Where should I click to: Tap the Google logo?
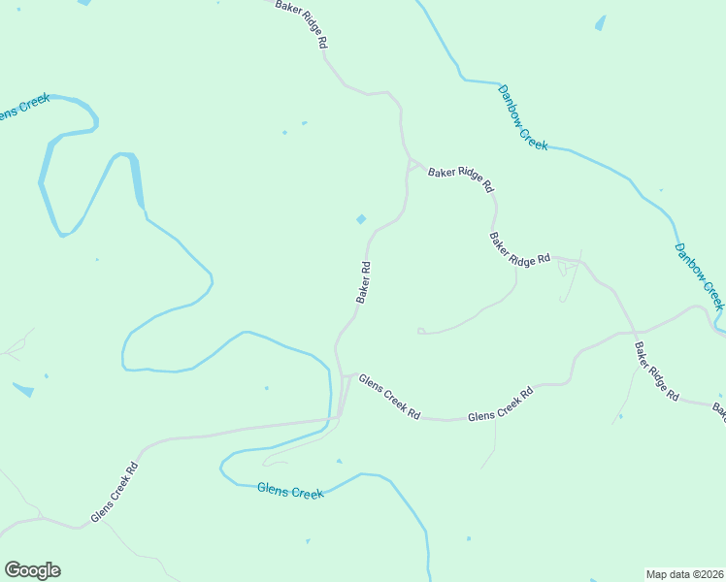point(32,570)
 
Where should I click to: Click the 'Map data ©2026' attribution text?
point(684,573)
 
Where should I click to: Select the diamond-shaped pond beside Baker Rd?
point(361,219)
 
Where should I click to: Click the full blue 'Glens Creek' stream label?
point(290,492)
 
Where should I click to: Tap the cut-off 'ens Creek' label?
point(16,111)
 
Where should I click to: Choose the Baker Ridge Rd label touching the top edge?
point(302,24)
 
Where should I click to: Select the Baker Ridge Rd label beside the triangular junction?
point(462,176)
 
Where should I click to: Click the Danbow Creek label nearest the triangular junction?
point(523,117)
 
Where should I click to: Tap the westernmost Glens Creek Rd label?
point(114,492)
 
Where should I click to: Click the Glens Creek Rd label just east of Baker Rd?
point(389,397)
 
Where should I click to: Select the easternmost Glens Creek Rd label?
point(501,404)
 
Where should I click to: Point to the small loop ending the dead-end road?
point(421,331)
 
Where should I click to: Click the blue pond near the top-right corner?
point(600,22)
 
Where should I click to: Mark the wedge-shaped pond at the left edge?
point(22,389)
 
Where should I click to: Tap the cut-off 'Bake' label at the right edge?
point(719,413)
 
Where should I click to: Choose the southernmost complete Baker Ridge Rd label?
point(657,372)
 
